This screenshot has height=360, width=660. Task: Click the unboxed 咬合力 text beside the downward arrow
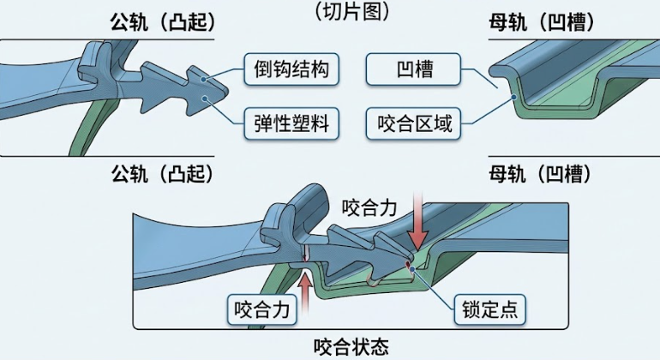pyautogui.click(x=370, y=207)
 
